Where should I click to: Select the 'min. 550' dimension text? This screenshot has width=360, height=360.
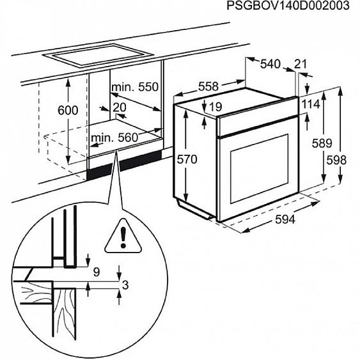(134, 87)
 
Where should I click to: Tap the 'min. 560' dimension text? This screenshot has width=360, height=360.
(114, 137)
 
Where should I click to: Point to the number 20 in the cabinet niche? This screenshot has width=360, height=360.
(120, 107)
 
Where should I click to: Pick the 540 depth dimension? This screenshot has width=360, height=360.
(270, 64)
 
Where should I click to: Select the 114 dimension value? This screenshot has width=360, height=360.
(310, 105)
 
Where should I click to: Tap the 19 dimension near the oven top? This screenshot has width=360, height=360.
(214, 106)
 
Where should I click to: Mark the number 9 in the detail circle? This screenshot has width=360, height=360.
(97, 272)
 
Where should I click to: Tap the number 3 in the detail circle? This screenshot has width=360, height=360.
(126, 285)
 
